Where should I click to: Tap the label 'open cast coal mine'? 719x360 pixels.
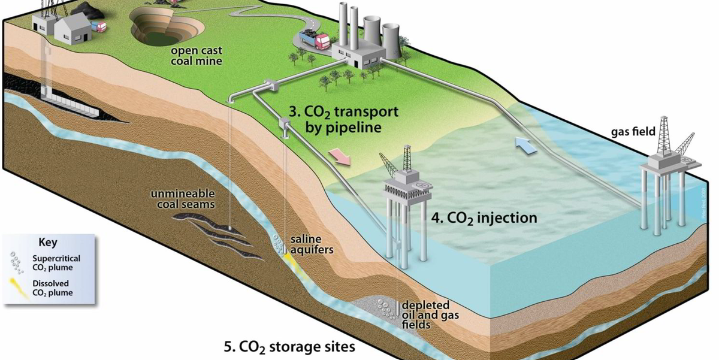click(x=195, y=56)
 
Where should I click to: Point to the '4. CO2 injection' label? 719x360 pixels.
click(x=484, y=218)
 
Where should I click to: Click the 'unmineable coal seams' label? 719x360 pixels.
click(x=183, y=199)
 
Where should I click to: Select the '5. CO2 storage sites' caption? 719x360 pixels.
click(x=289, y=346)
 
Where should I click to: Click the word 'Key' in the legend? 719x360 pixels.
click(x=48, y=243)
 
